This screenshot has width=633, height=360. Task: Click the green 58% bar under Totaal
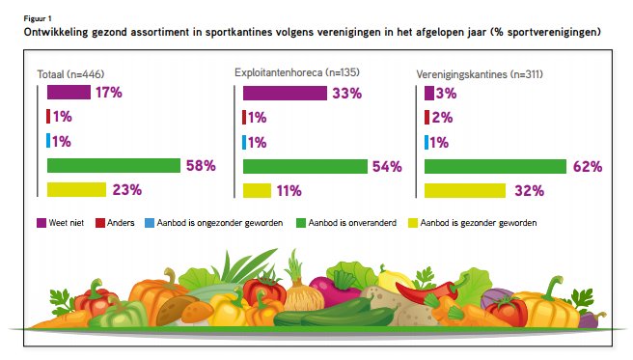tap(114, 165)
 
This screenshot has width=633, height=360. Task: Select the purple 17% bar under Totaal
tap(69, 93)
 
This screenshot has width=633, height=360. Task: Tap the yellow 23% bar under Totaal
tap(76, 189)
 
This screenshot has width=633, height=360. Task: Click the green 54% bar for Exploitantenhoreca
tap(305, 165)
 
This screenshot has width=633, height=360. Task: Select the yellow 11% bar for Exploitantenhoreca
tap(257, 189)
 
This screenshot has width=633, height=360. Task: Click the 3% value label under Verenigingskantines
tap(447, 94)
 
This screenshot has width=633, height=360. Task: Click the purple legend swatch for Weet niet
tap(42, 222)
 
